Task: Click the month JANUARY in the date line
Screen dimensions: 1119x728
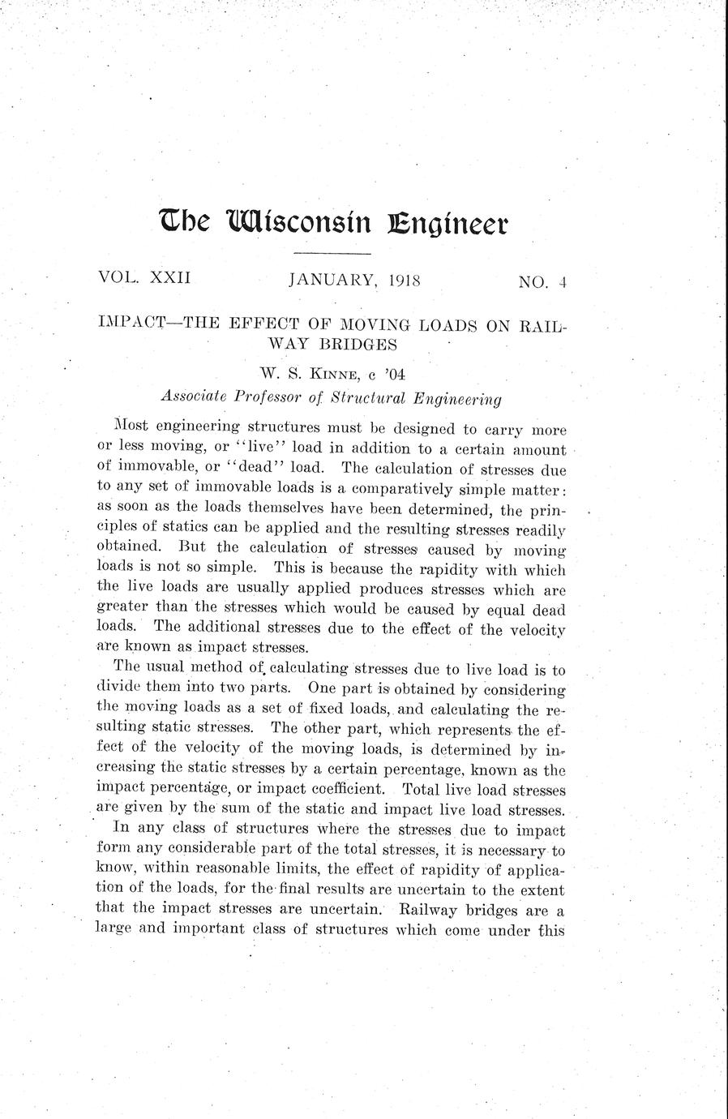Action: [332, 281]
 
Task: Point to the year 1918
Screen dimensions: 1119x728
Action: [404, 281]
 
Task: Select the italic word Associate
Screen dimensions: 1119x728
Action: [195, 398]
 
